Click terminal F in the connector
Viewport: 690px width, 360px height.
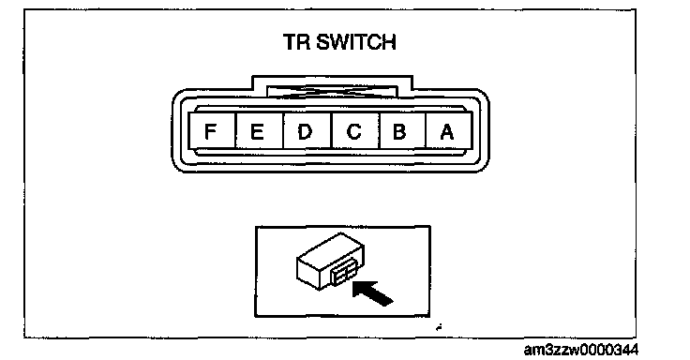tap(212, 130)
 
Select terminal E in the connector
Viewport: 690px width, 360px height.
tap(260, 130)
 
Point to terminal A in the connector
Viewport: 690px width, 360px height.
tap(449, 130)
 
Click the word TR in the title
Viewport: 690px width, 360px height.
tap(297, 42)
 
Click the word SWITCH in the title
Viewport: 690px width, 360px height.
tap(356, 42)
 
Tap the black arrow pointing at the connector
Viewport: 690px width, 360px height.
tap(372, 292)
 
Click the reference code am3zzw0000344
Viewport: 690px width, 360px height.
tap(581, 350)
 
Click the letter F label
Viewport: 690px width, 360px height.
tap(211, 131)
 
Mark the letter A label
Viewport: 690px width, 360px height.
tap(446, 131)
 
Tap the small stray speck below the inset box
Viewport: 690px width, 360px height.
tap(439, 327)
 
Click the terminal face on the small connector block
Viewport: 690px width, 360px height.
tap(345, 274)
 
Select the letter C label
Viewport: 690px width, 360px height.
tap(353, 131)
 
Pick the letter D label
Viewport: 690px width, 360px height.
tap(305, 131)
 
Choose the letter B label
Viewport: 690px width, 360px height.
tap(399, 131)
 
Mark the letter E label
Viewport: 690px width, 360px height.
tap(257, 131)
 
